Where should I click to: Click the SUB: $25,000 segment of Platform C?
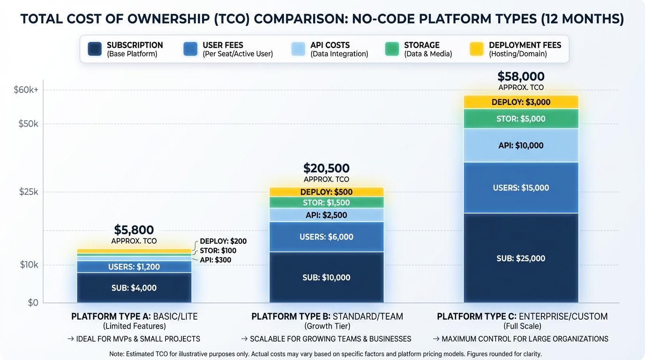tap(521, 258)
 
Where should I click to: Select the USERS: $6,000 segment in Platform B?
tap(326, 237)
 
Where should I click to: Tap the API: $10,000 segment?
tap(521, 145)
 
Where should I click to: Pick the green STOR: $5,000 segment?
tap(521, 119)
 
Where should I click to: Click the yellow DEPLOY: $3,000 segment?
tap(521, 102)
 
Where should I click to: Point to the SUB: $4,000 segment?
tap(134, 288)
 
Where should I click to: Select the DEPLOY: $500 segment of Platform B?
tap(326, 192)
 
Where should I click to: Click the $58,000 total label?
tap(521, 76)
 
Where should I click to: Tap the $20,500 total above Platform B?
tap(326, 168)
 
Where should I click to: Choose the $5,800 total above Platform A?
tap(134, 230)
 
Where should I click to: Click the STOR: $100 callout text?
tap(218, 251)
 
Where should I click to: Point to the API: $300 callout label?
tap(216, 260)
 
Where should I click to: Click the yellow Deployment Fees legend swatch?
tap(476, 49)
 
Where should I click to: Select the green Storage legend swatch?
tap(392, 49)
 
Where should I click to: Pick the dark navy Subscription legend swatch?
tap(95, 49)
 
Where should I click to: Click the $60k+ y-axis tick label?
tap(26, 90)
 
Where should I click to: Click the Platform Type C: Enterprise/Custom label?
tap(522, 316)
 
